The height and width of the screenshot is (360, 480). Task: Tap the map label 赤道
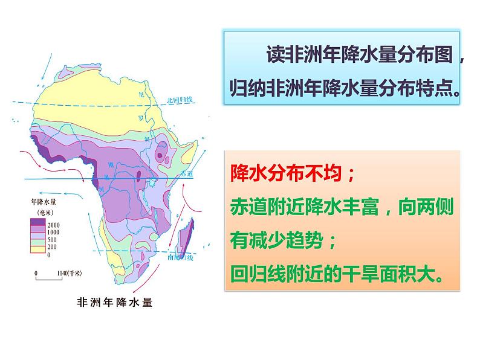point(187,174)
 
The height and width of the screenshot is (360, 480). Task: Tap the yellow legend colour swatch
point(36,246)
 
